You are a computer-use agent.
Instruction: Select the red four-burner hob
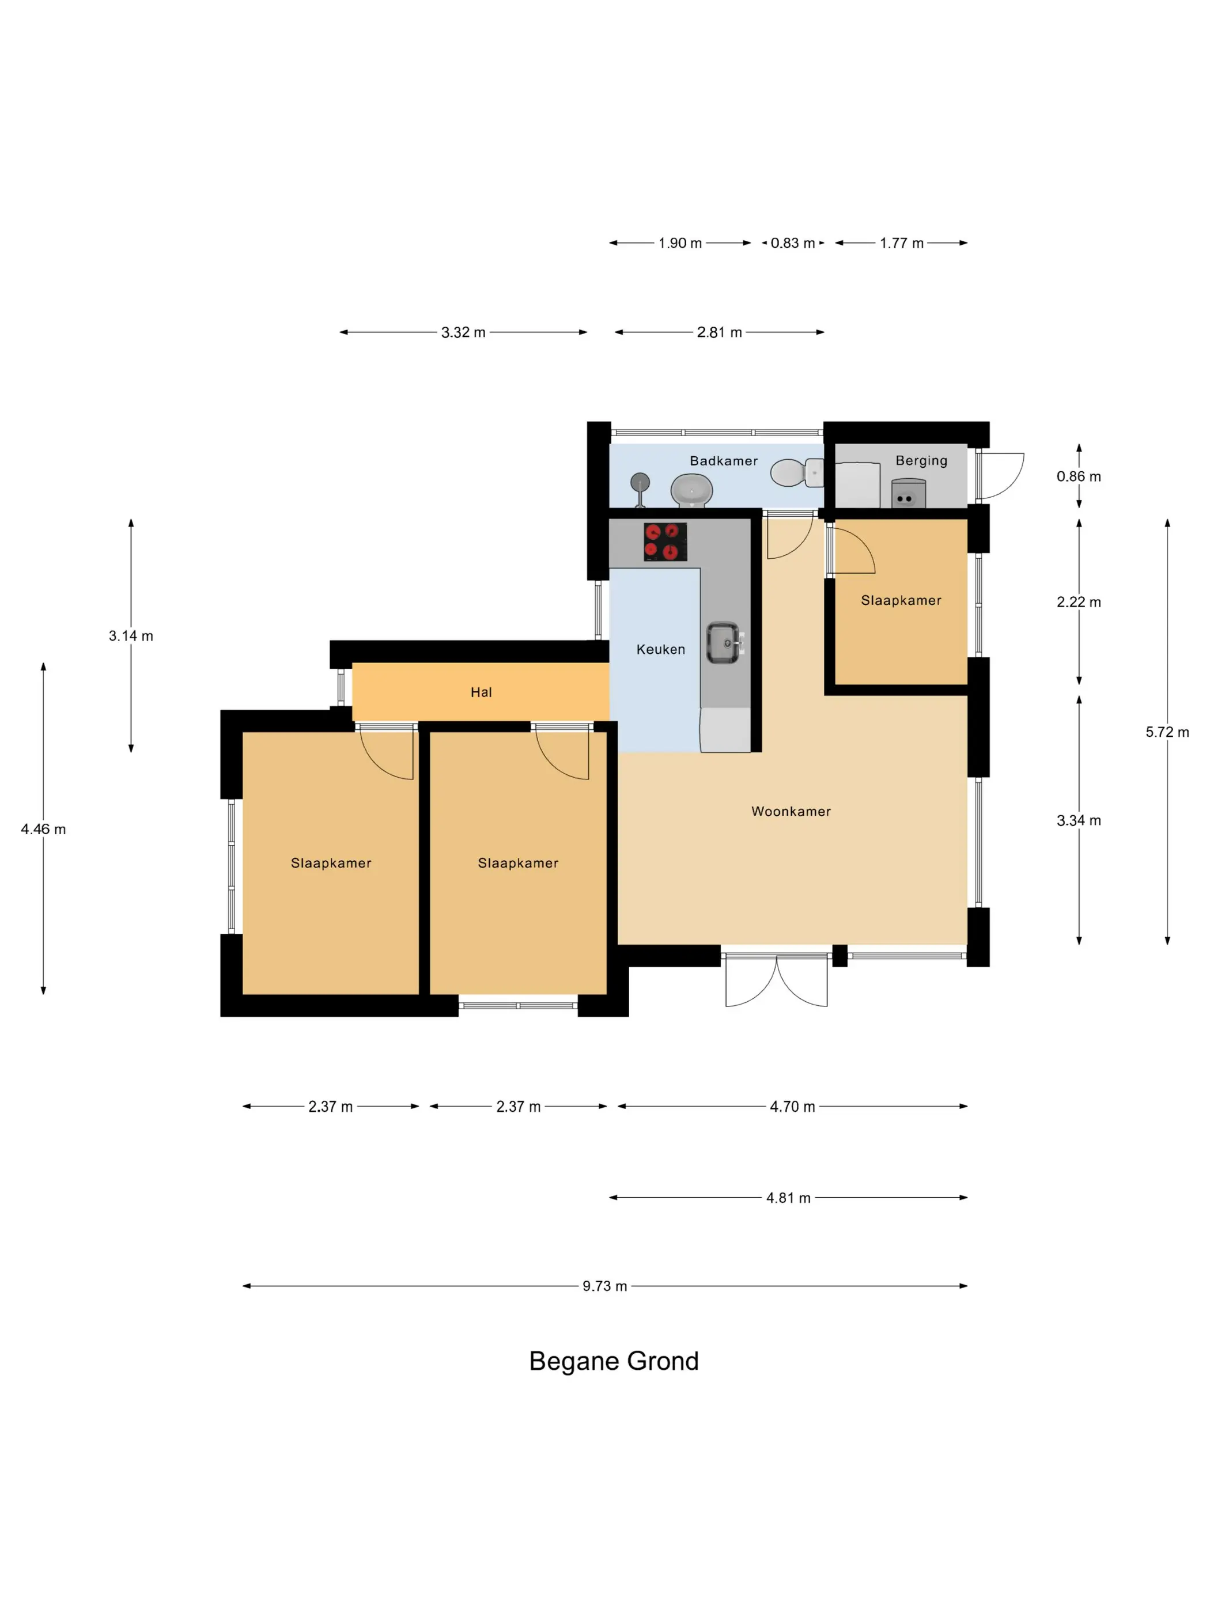click(x=664, y=542)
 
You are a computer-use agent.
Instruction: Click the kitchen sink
click(x=724, y=642)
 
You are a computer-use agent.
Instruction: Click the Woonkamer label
click(x=791, y=811)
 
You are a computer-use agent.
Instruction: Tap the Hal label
click(x=481, y=692)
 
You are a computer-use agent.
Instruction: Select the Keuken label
click(x=660, y=649)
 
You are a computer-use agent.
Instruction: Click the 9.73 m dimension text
click(x=604, y=1286)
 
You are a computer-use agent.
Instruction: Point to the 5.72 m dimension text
click(x=1166, y=732)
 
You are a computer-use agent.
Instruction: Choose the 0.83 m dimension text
click(x=792, y=243)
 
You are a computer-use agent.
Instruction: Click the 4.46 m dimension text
click(x=43, y=828)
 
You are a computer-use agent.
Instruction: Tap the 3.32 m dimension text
click(x=463, y=332)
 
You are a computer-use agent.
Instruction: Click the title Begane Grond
click(x=614, y=1361)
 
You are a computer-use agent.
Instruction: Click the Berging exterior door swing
click(x=1001, y=475)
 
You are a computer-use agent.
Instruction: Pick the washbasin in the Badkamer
click(x=691, y=490)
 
